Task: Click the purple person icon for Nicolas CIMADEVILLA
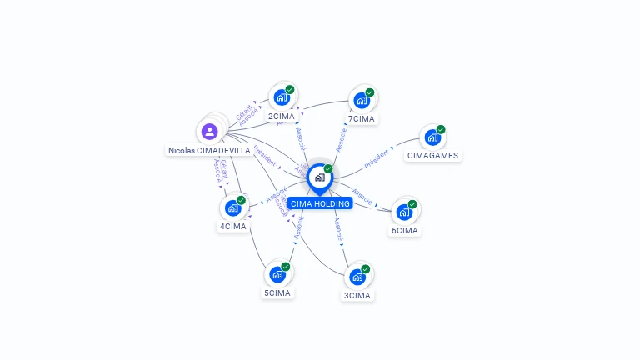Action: (x=209, y=131)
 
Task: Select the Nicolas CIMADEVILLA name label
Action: (x=209, y=151)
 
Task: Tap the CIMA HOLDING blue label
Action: (x=320, y=203)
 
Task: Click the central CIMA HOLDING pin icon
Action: (x=319, y=177)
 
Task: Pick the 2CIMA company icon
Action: (x=282, y=97)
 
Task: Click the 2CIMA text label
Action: (x=282, y=117)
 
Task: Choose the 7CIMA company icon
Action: (x=362, y=100)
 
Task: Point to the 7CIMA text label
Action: (x=362, y=119)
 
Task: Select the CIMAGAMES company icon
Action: (x=432, y=137)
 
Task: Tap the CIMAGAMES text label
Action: (x=432, y=156)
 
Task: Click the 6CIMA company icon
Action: (x=404, y=212)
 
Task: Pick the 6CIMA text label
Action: (x=404, y=231)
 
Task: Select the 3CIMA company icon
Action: (x=357, y=277)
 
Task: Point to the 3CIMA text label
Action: (x=357, y=296)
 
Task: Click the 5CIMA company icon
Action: (x=277, y=274)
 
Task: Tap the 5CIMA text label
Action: (x=277, y=293)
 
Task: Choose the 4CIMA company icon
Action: (x=233, y=207)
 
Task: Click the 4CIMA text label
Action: (x=233, y=227)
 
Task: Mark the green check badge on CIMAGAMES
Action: (x=441, y=129)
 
